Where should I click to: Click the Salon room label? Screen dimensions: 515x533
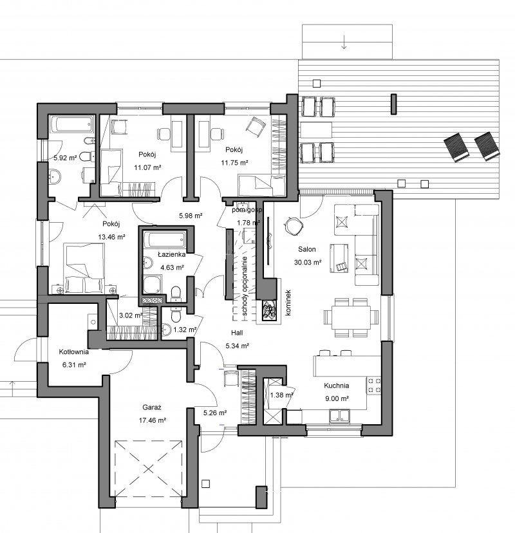307,249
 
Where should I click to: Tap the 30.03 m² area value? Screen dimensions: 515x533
308,262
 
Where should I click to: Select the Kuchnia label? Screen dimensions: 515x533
337,386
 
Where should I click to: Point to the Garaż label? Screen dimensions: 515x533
152,407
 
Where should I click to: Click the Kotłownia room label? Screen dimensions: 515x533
74,352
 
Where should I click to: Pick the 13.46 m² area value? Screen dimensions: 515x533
112,237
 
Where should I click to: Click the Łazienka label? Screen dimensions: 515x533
172,254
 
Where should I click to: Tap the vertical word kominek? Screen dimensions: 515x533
288,303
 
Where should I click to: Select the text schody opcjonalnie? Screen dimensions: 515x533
245,286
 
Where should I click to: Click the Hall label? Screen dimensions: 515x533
237,332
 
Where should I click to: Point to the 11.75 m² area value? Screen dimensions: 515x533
234,162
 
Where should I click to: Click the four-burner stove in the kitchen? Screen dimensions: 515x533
373,385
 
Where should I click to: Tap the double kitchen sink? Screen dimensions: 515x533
340,416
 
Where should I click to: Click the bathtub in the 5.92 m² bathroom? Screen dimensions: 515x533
71,126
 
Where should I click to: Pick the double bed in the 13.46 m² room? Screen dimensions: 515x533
85,268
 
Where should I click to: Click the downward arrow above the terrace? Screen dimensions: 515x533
344,42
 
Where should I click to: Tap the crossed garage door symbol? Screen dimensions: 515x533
148,469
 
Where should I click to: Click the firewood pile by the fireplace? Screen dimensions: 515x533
270,310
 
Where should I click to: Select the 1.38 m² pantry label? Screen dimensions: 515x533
281,395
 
